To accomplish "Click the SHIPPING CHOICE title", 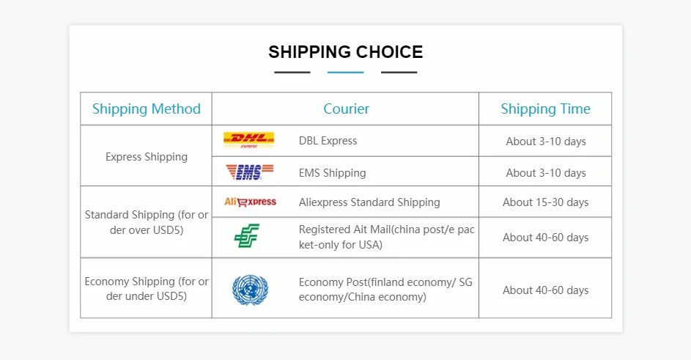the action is click(x=346, y=52).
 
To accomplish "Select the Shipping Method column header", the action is click(x=147, y=109).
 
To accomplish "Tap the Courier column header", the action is click(x=347, y=109).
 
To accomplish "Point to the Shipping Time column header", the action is click(x=546, y=109).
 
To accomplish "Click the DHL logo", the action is click(x=249, y=140).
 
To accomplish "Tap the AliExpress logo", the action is click(x=251, y=202).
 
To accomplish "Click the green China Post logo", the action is click(x=247, y=235).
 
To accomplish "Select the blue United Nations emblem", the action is click(x=251, y=290).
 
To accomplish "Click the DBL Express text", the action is click(x=328, y=141).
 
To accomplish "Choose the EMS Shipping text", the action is click(x=332, y=173).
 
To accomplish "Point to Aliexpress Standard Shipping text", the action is click(x=369, y=202).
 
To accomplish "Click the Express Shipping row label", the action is click(x=147, y=157).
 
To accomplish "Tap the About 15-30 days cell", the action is click(x=546, y=202).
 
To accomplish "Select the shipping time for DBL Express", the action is click(x=546, y=142).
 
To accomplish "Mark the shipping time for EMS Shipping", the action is click(x=546, y=173).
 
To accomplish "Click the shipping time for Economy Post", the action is click(x=546, y=290).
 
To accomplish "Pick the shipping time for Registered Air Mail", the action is click(x=546, y=238).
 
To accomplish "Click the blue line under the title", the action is click(x=346, y=73).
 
